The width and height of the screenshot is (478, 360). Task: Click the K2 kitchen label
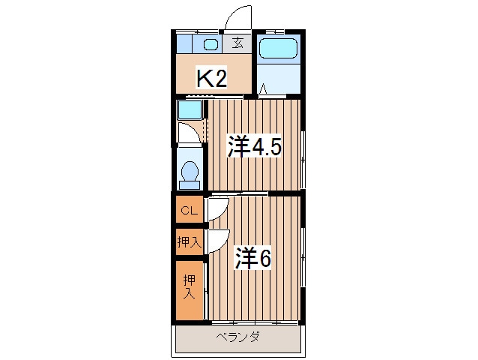[211, 78]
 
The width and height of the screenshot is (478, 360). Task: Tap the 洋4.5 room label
[254, 145]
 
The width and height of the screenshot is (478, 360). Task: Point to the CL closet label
[189, 211]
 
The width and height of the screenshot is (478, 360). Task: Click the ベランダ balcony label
[238, 338]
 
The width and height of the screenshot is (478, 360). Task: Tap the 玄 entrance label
[237, 43]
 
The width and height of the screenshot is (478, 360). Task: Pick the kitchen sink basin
[211, 43]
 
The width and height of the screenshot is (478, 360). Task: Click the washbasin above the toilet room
[190, 111]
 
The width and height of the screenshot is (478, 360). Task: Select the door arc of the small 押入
[218, 240]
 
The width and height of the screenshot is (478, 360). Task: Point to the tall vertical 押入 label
[189, 286]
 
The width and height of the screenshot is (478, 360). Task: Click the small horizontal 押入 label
[189, 241]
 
